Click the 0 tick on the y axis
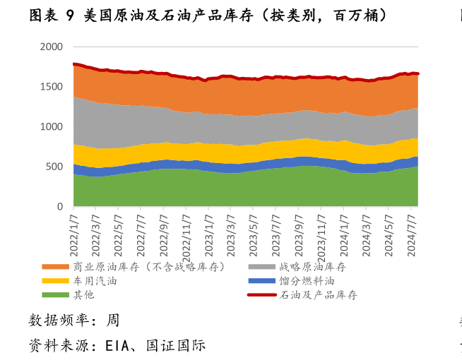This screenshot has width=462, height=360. [x=59, y=207]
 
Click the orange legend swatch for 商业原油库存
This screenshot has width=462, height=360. [x=56, y=267]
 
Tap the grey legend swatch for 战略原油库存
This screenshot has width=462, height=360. [x=263, y=267]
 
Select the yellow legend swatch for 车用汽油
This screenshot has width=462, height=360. [x=56, y=281]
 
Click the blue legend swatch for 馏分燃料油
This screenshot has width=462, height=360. [x=263, y=281]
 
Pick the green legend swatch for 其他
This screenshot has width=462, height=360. [x=56, y=295]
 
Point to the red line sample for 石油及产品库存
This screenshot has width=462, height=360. [x=263, y=295]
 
